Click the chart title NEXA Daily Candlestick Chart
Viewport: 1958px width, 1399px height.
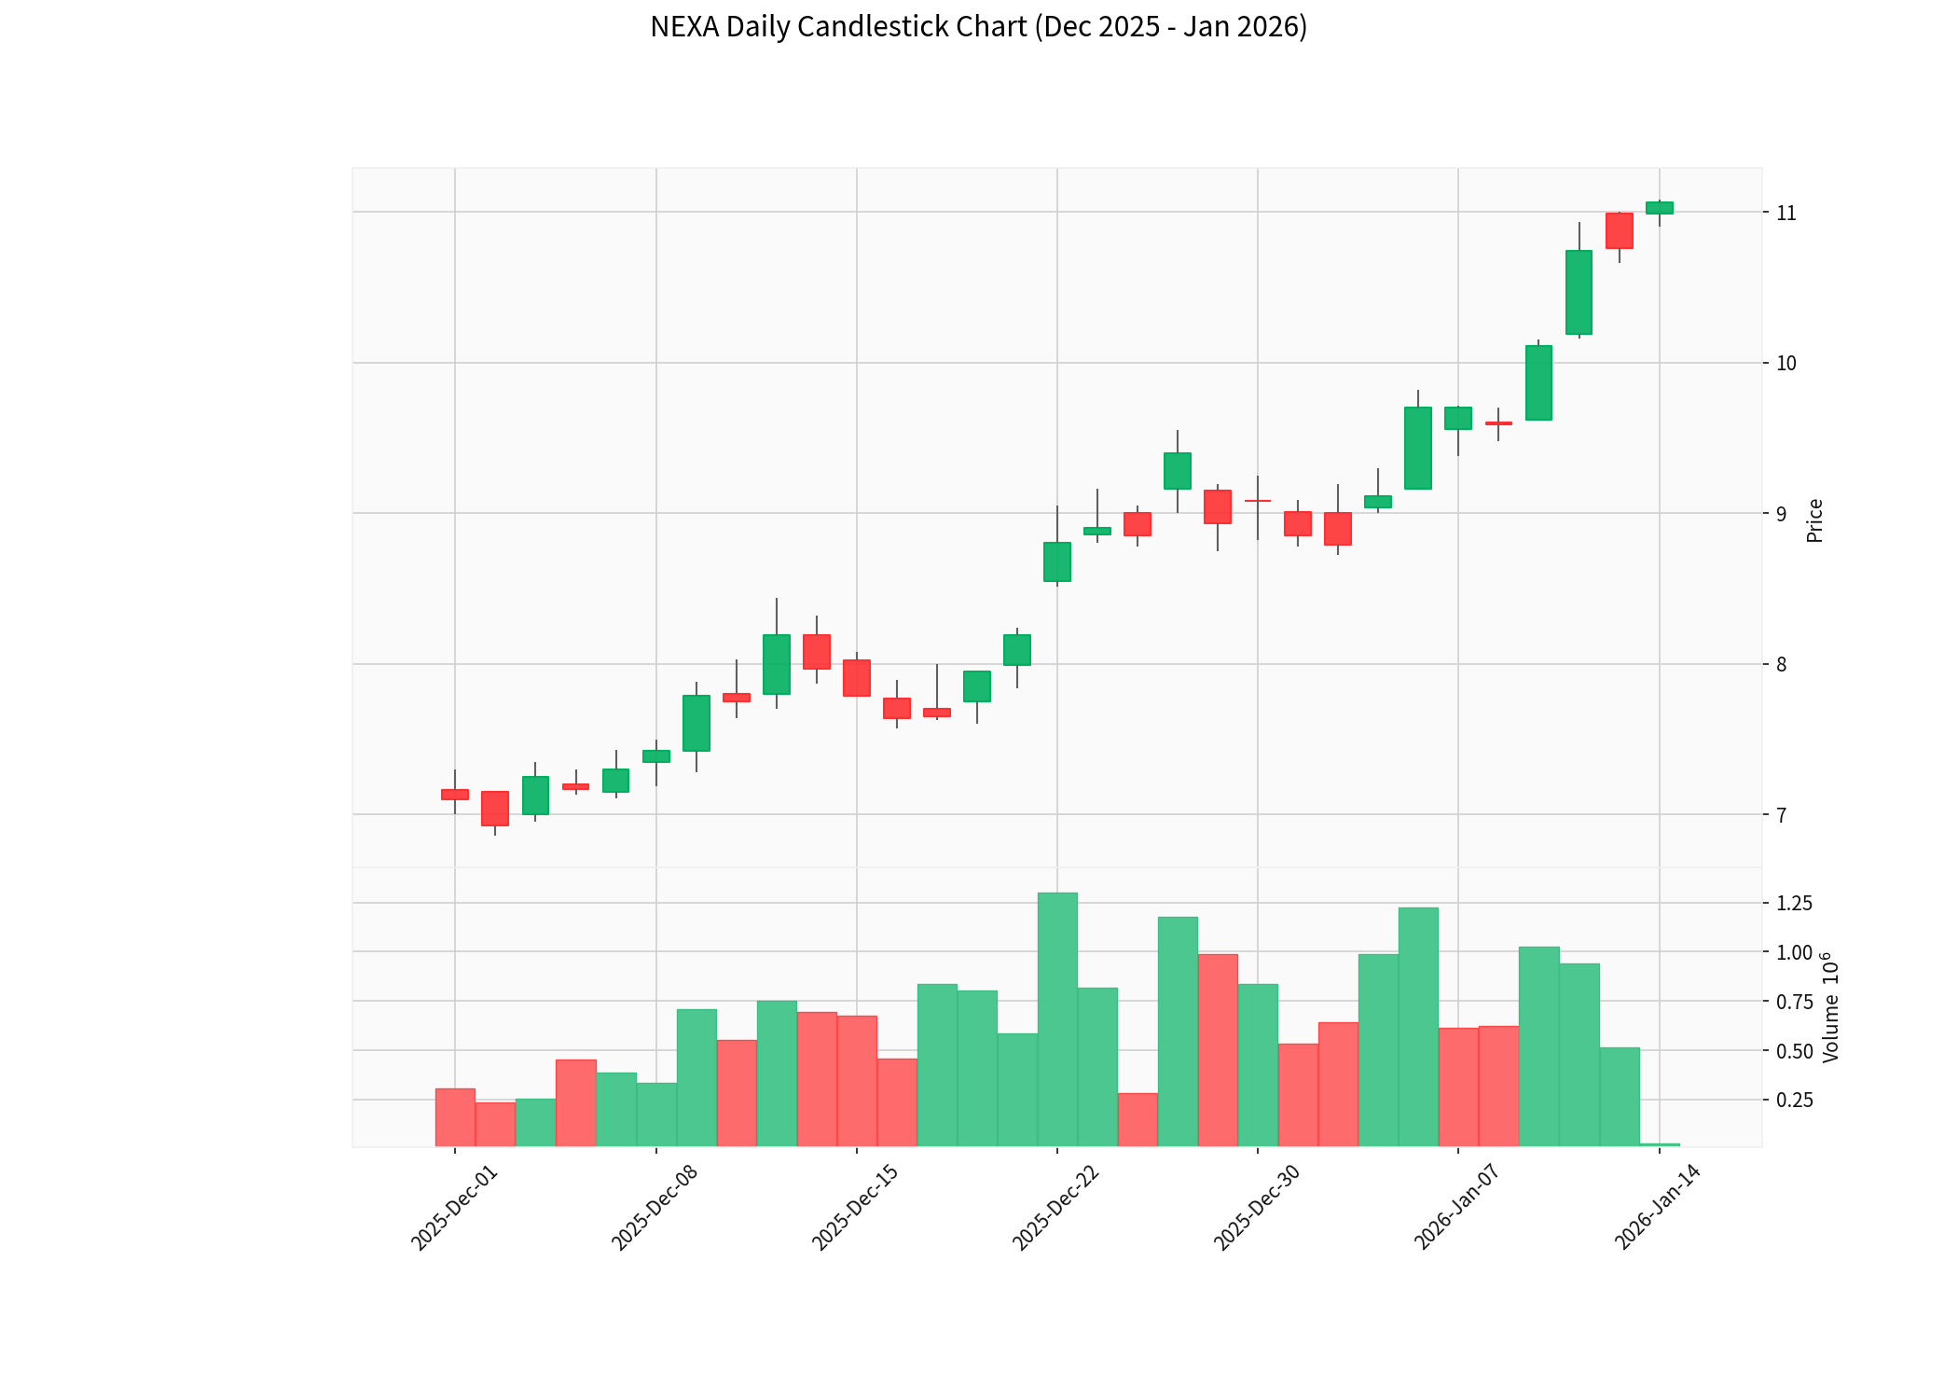978,27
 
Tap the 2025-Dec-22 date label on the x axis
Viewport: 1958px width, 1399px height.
1055,1208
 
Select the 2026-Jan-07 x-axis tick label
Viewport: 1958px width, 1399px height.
1456,1208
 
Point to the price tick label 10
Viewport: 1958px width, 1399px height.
1786,364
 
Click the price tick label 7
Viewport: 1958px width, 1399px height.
1781,815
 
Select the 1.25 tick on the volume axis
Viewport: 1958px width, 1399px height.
1794,903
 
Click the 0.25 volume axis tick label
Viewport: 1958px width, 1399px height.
1794,1101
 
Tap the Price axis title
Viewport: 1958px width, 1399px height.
1814,520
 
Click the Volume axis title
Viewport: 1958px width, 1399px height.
1831,1007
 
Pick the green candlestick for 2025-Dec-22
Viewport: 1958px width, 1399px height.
1056,561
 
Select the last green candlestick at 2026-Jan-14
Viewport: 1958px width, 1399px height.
1659,208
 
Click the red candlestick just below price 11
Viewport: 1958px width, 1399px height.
1619,230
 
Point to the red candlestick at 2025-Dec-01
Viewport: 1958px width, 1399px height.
455,795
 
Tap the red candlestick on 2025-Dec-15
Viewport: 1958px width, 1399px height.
856,678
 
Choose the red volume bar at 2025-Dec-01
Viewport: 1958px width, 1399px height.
455,1117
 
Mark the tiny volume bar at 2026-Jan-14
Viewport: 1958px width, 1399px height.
1659,1144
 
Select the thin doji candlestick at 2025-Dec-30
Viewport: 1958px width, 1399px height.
1257,501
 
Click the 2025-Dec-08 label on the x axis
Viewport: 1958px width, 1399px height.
655,1208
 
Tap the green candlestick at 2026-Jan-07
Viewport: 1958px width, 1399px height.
1457,418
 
